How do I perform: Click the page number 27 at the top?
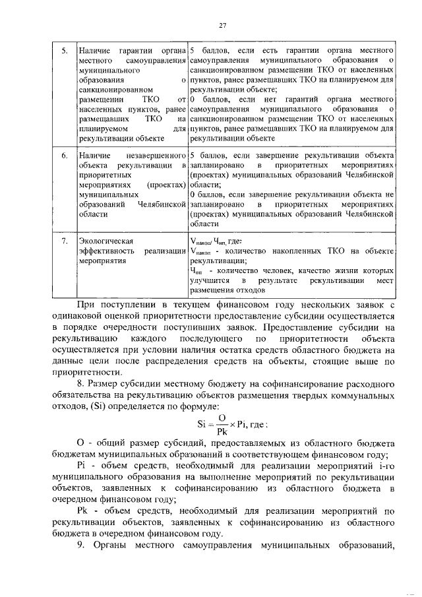click(222, 25)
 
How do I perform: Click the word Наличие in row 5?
click(92, 50)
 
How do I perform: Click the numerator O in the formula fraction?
click(223, 417)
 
